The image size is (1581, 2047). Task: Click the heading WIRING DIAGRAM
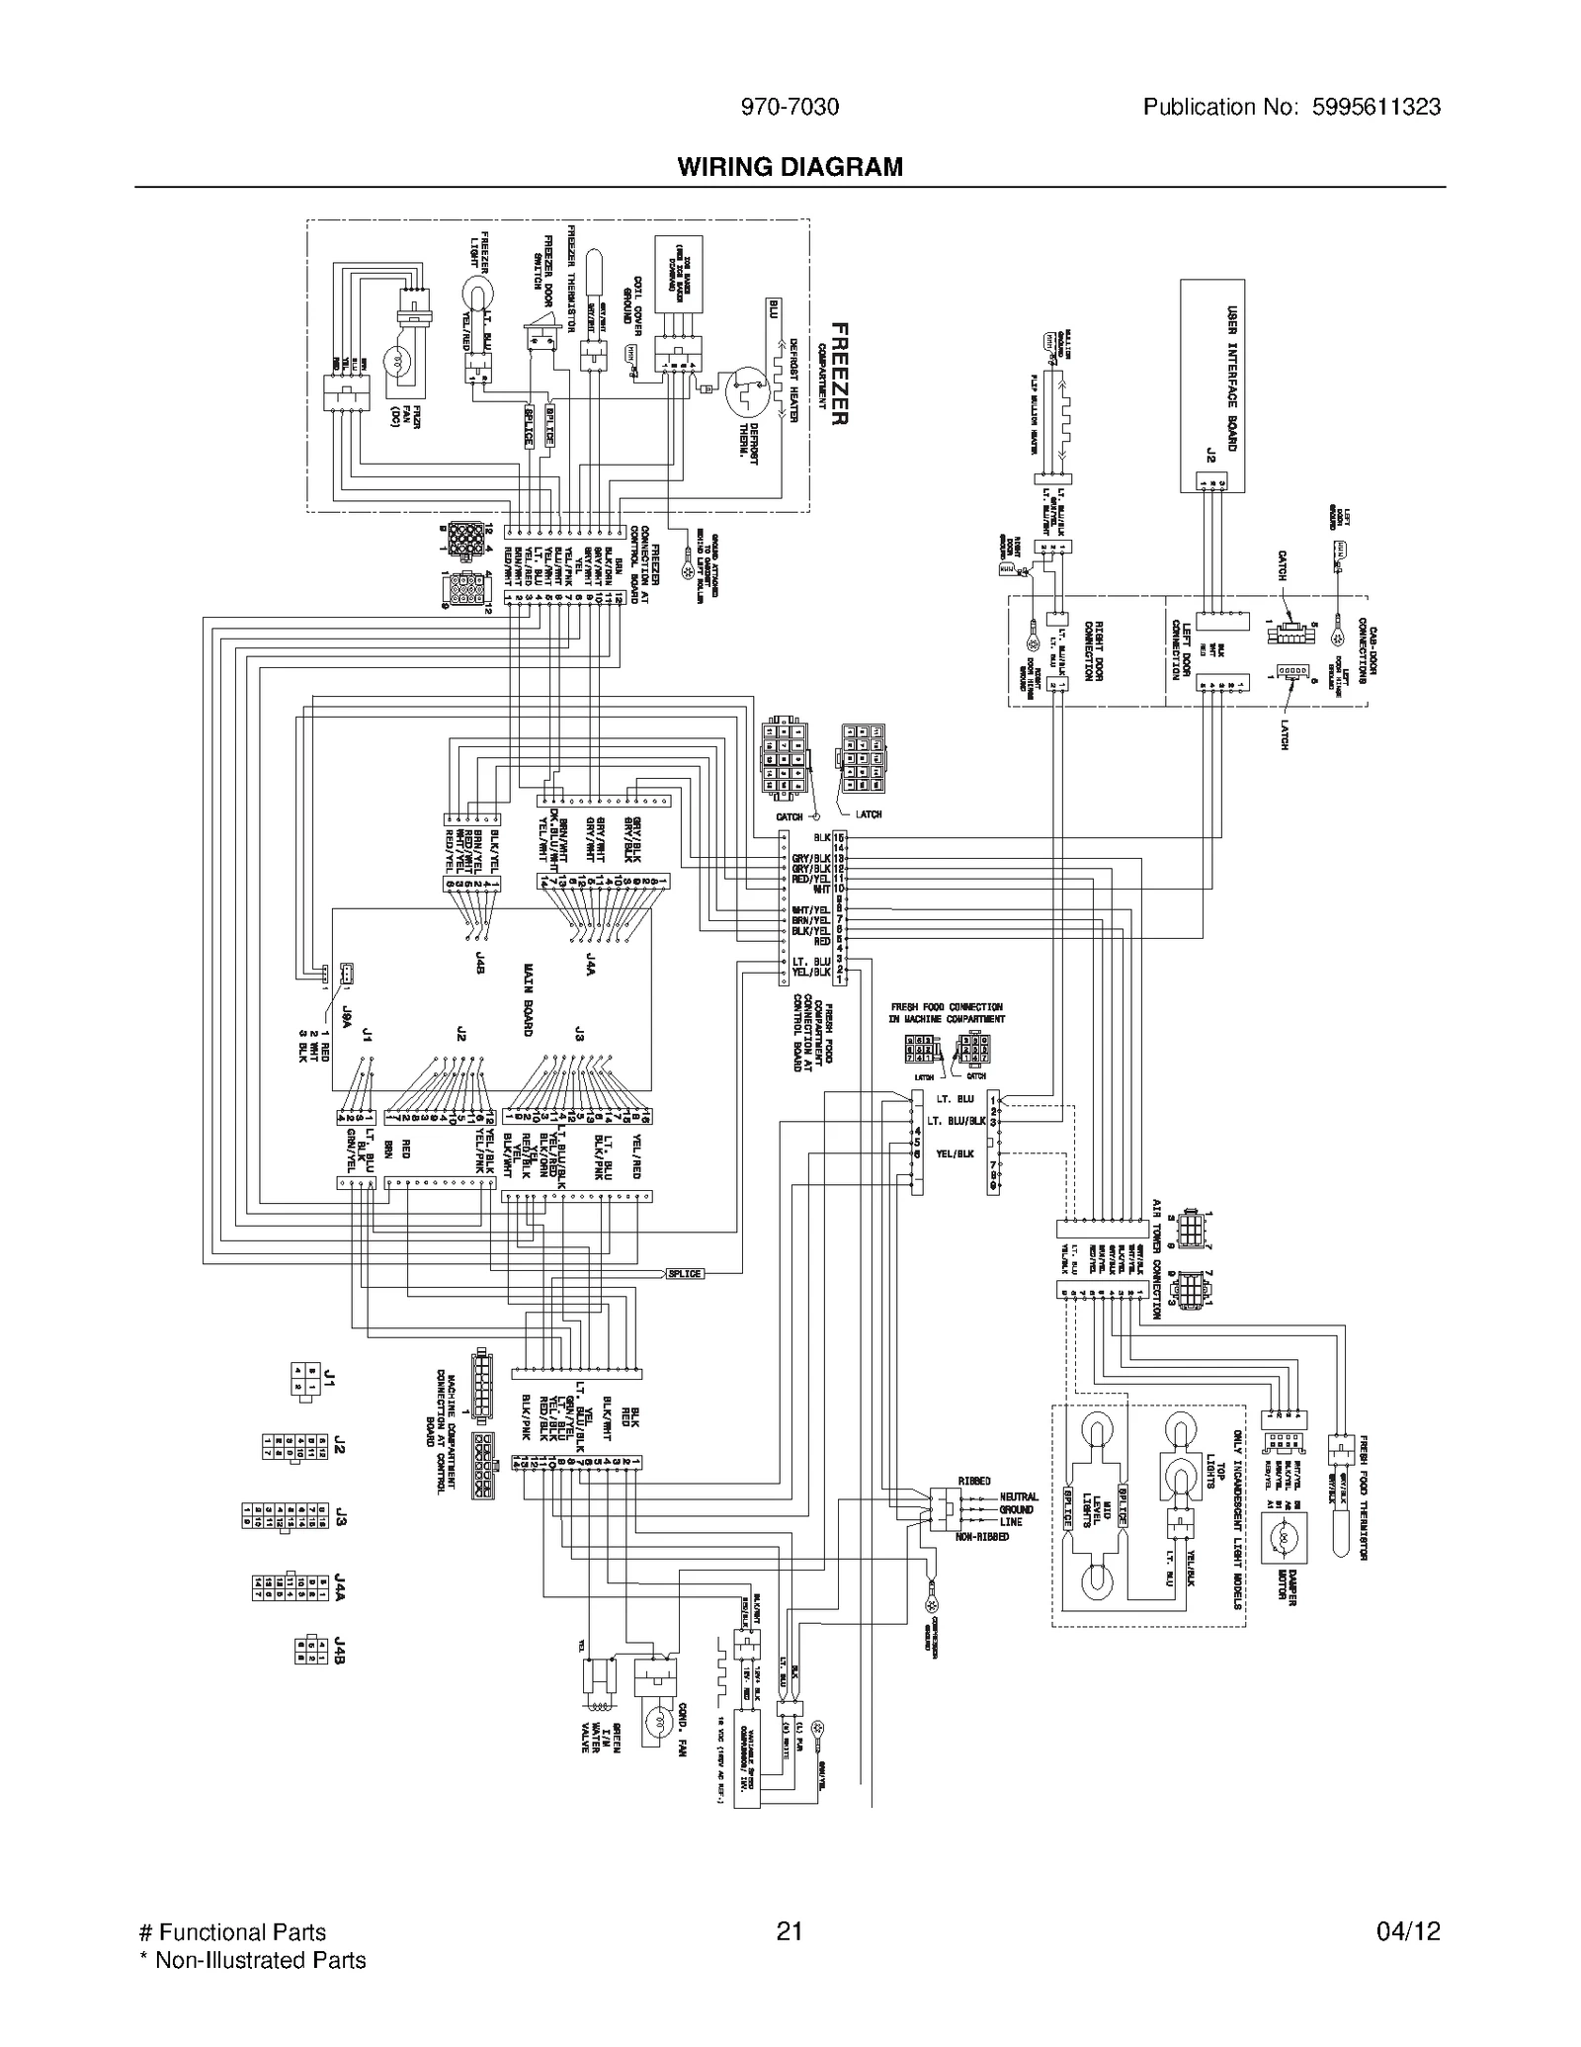(x=790, y=167)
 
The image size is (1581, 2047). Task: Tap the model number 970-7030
(x=790, y=108)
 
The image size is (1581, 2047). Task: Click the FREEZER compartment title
(x=838, y=374)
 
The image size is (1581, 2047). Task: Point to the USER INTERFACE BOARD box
(x=1212, y=385)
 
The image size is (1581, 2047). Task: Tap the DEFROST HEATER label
(x=791, y=381)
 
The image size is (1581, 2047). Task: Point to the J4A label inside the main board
(x=589, y=965)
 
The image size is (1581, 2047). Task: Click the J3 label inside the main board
(x=580, y=1034)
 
